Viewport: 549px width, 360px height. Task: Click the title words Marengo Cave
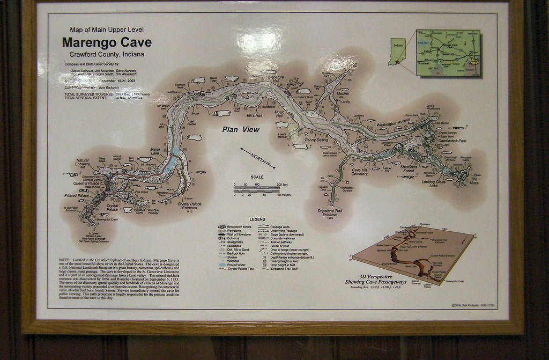coord(107,42)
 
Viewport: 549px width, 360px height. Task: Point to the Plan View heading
coord(241,129)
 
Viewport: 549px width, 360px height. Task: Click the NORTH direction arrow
coord(258,156)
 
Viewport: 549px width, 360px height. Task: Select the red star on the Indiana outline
coord(396,62)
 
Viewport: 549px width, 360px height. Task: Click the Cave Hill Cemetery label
coord(359,172)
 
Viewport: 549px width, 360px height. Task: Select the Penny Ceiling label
coord(316,140)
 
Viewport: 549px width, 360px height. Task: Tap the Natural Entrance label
coord(82,162)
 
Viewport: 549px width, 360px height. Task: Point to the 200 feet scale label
coord(282,185)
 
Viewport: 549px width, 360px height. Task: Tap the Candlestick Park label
coord(455,141)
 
